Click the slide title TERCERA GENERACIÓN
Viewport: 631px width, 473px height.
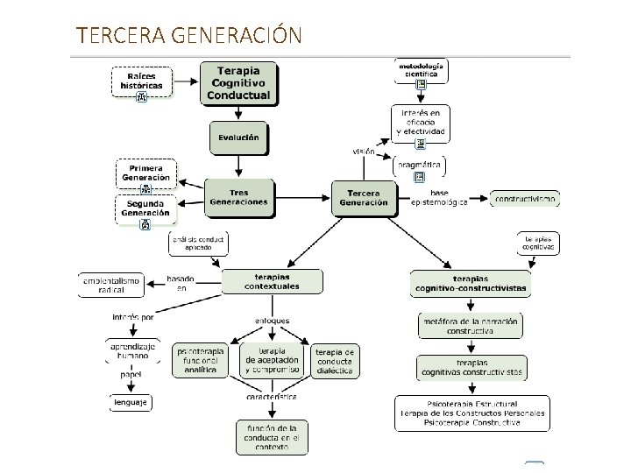[189, 35]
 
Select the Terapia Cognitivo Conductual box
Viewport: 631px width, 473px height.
[238, 82]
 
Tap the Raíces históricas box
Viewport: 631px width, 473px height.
[141, 80]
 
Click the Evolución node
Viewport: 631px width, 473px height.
[238, 138]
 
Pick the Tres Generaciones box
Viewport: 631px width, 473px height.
[238, 197]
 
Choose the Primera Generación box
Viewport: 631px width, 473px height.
[146, 173]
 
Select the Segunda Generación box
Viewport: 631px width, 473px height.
[146, 208]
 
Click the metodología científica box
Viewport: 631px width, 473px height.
[422, 69]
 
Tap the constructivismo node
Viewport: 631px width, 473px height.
[525, 199]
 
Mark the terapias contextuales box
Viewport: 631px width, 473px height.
[272, 281]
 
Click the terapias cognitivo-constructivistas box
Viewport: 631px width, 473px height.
[471, 283]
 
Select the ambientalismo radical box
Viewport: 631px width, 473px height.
[111, 285]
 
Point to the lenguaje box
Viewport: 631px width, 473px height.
[131, 402]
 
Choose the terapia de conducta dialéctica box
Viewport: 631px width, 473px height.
[336, 361]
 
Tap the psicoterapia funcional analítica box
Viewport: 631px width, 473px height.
[201, 361]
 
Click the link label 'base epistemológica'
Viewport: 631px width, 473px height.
[439, 198]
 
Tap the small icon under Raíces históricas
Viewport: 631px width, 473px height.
[141, 95]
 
